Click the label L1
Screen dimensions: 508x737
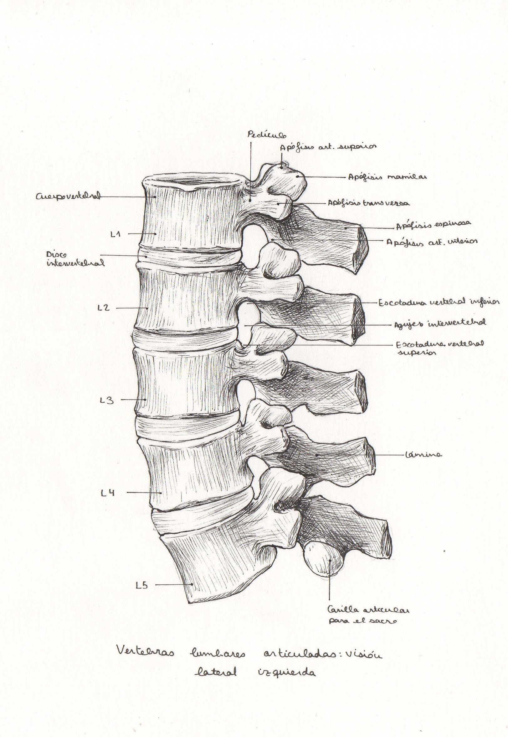point(115,234)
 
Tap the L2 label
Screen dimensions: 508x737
point(104,308)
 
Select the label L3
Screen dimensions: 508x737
point(106,400)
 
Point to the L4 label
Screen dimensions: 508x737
point(108,493)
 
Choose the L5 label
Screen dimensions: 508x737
point(142,585)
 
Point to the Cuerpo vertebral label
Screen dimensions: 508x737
point(68,196)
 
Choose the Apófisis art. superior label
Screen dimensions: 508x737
point(328,147)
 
